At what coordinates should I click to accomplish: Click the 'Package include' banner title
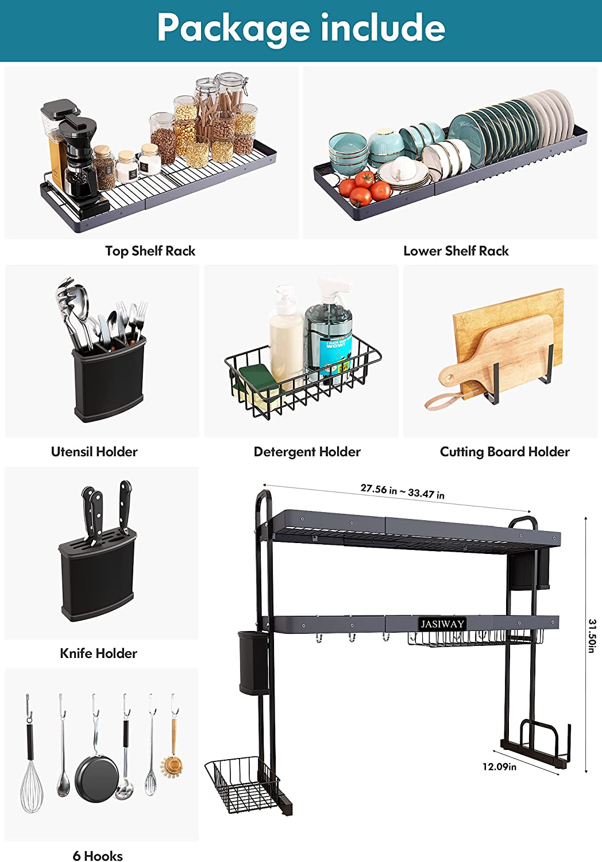[301, 28]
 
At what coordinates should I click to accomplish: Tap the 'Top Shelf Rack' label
[150, 251]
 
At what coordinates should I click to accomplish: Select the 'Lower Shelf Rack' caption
[456, 251]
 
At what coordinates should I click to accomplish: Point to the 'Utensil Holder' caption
[94, 451]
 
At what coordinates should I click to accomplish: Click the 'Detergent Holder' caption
[307, 452]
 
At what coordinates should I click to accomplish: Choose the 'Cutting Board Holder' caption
[505, 452]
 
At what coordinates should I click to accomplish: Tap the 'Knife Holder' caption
[98, 653]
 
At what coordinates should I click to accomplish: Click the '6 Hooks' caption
[98, 856]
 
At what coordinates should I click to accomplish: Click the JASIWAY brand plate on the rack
[442, 624]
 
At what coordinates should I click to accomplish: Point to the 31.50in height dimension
[592, 636]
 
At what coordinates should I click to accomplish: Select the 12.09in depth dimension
[499, 767]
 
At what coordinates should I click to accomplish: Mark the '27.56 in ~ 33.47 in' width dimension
[402, 491]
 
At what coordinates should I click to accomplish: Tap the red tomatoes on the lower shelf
[364, 188]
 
